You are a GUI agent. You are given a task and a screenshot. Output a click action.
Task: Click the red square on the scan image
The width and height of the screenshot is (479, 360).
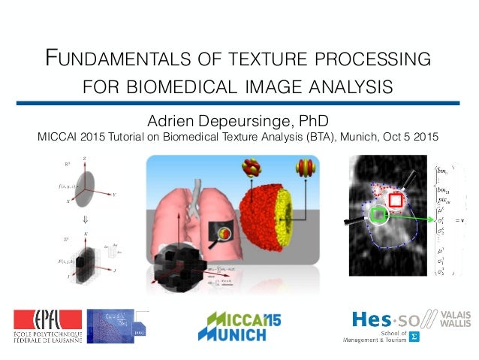tap(396, 201)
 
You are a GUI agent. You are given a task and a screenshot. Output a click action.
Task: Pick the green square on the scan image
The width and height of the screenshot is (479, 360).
tap(379, 216)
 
